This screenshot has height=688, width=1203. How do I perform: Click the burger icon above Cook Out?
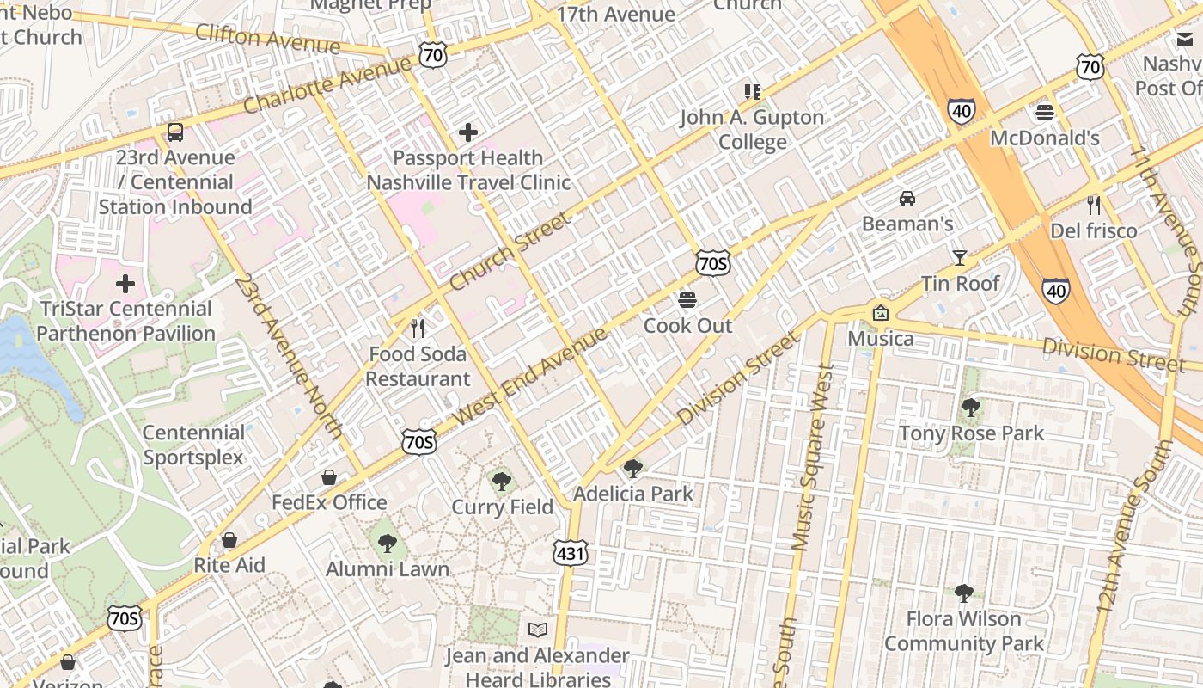click(x=687, y=300)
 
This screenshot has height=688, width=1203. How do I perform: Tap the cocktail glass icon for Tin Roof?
click(x=960, y=257)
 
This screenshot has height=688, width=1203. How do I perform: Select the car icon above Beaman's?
click(x=907, y=199)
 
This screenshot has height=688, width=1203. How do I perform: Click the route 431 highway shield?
click(x=571, y=553)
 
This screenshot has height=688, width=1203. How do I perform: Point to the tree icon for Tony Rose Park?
click(x=971, y=407)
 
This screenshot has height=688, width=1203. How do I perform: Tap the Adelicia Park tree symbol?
click(x=633, y=468)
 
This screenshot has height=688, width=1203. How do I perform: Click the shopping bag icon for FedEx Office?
click(x=328, y=477)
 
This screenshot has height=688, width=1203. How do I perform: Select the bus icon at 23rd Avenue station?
click(x=175, y=132)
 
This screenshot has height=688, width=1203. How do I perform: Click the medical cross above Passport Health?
click(x=468, y=132)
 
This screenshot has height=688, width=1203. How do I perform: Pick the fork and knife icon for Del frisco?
click(x=1093, y=205)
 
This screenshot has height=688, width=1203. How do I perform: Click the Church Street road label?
click(x=510, y=251)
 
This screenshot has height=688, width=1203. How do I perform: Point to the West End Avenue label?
click(x=530, y=375)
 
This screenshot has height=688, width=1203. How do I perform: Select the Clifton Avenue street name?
click(x=267, y=38)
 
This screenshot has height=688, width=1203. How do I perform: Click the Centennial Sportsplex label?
click(x=194, y=445)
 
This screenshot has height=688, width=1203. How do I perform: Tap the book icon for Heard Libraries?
click(x=538, y=630)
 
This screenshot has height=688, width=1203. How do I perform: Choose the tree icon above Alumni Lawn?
click(x=388, y=543)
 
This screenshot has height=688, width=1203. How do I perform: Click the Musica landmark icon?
click(x=880, y=313)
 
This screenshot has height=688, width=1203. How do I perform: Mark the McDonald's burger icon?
click(x=1045, y=112)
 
